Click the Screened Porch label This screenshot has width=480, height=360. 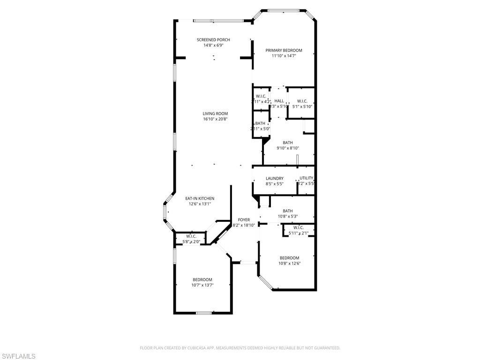coord(213,40)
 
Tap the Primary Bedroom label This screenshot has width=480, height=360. coord(284,50)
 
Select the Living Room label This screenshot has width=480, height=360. coord(215,113)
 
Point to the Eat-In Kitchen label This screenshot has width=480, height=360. coord(200,198)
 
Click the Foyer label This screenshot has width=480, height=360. coord(244,219)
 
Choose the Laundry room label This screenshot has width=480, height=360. coord(274,178)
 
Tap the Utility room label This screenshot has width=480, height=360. coord(306,178)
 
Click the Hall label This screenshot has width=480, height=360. coord(279,101)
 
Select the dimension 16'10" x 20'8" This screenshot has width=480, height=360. coord(215,119)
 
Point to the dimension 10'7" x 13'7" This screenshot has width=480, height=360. coord(202,285)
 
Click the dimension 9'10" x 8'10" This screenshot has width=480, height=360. coord(288,148)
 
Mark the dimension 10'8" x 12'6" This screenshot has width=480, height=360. coord(289,263)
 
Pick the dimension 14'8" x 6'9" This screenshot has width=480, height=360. coord(213,45)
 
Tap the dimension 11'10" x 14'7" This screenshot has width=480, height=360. coord(284,56)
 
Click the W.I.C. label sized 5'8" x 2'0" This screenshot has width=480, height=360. coord(191,236)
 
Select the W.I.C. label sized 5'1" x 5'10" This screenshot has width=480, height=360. coord(302,101)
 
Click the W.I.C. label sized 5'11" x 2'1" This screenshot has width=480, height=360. coord(299,227)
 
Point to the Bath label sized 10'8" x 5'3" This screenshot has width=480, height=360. coord(287,211)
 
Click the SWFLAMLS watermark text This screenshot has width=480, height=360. coord(18,356)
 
